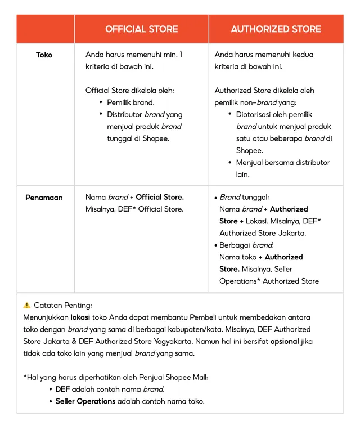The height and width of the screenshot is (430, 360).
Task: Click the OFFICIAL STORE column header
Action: (141, 29)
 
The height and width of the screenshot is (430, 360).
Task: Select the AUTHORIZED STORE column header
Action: (276, 29)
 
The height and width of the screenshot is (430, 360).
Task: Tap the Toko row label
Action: (44, 55)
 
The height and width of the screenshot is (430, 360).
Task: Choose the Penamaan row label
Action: (44, 198)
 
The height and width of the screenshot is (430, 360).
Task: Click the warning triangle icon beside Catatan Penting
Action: (27, 306)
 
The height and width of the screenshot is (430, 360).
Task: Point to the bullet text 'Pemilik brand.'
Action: (130, 102)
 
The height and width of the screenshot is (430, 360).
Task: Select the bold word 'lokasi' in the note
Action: (81, 317)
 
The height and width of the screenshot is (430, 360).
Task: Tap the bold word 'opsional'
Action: (285, 341)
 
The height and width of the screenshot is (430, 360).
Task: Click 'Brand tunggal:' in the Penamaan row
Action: (244, 198)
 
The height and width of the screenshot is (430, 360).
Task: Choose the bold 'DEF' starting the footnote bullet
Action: (62, 389)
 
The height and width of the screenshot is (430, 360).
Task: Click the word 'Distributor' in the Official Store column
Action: (125, 114)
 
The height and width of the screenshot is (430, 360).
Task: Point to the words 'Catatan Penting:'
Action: (62, 306)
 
